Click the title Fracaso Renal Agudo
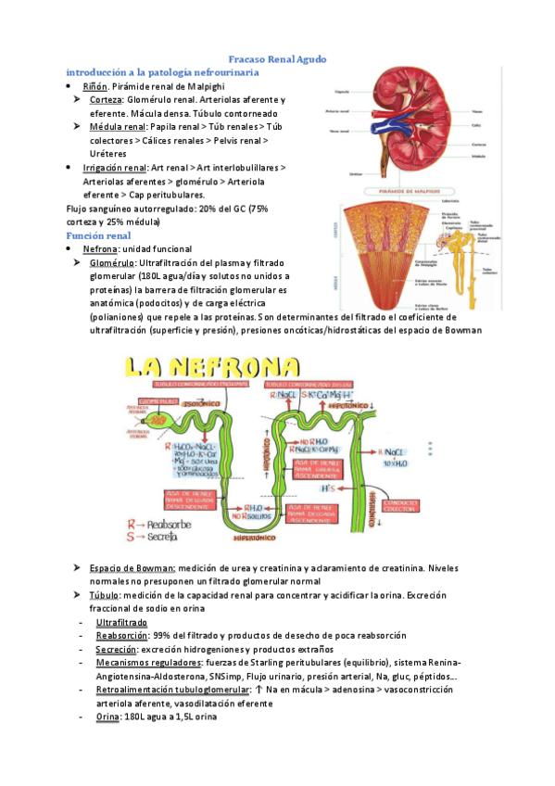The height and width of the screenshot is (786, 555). coord(277,59)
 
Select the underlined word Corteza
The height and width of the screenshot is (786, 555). coord(107,99)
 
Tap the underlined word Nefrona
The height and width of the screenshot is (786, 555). coord(101,249)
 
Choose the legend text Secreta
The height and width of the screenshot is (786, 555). coord(165,536)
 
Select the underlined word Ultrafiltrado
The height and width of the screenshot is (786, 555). coord(126,622)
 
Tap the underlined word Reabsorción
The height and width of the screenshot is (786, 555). coord(122,636)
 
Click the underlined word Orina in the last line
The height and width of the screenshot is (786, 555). coord(108,717)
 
